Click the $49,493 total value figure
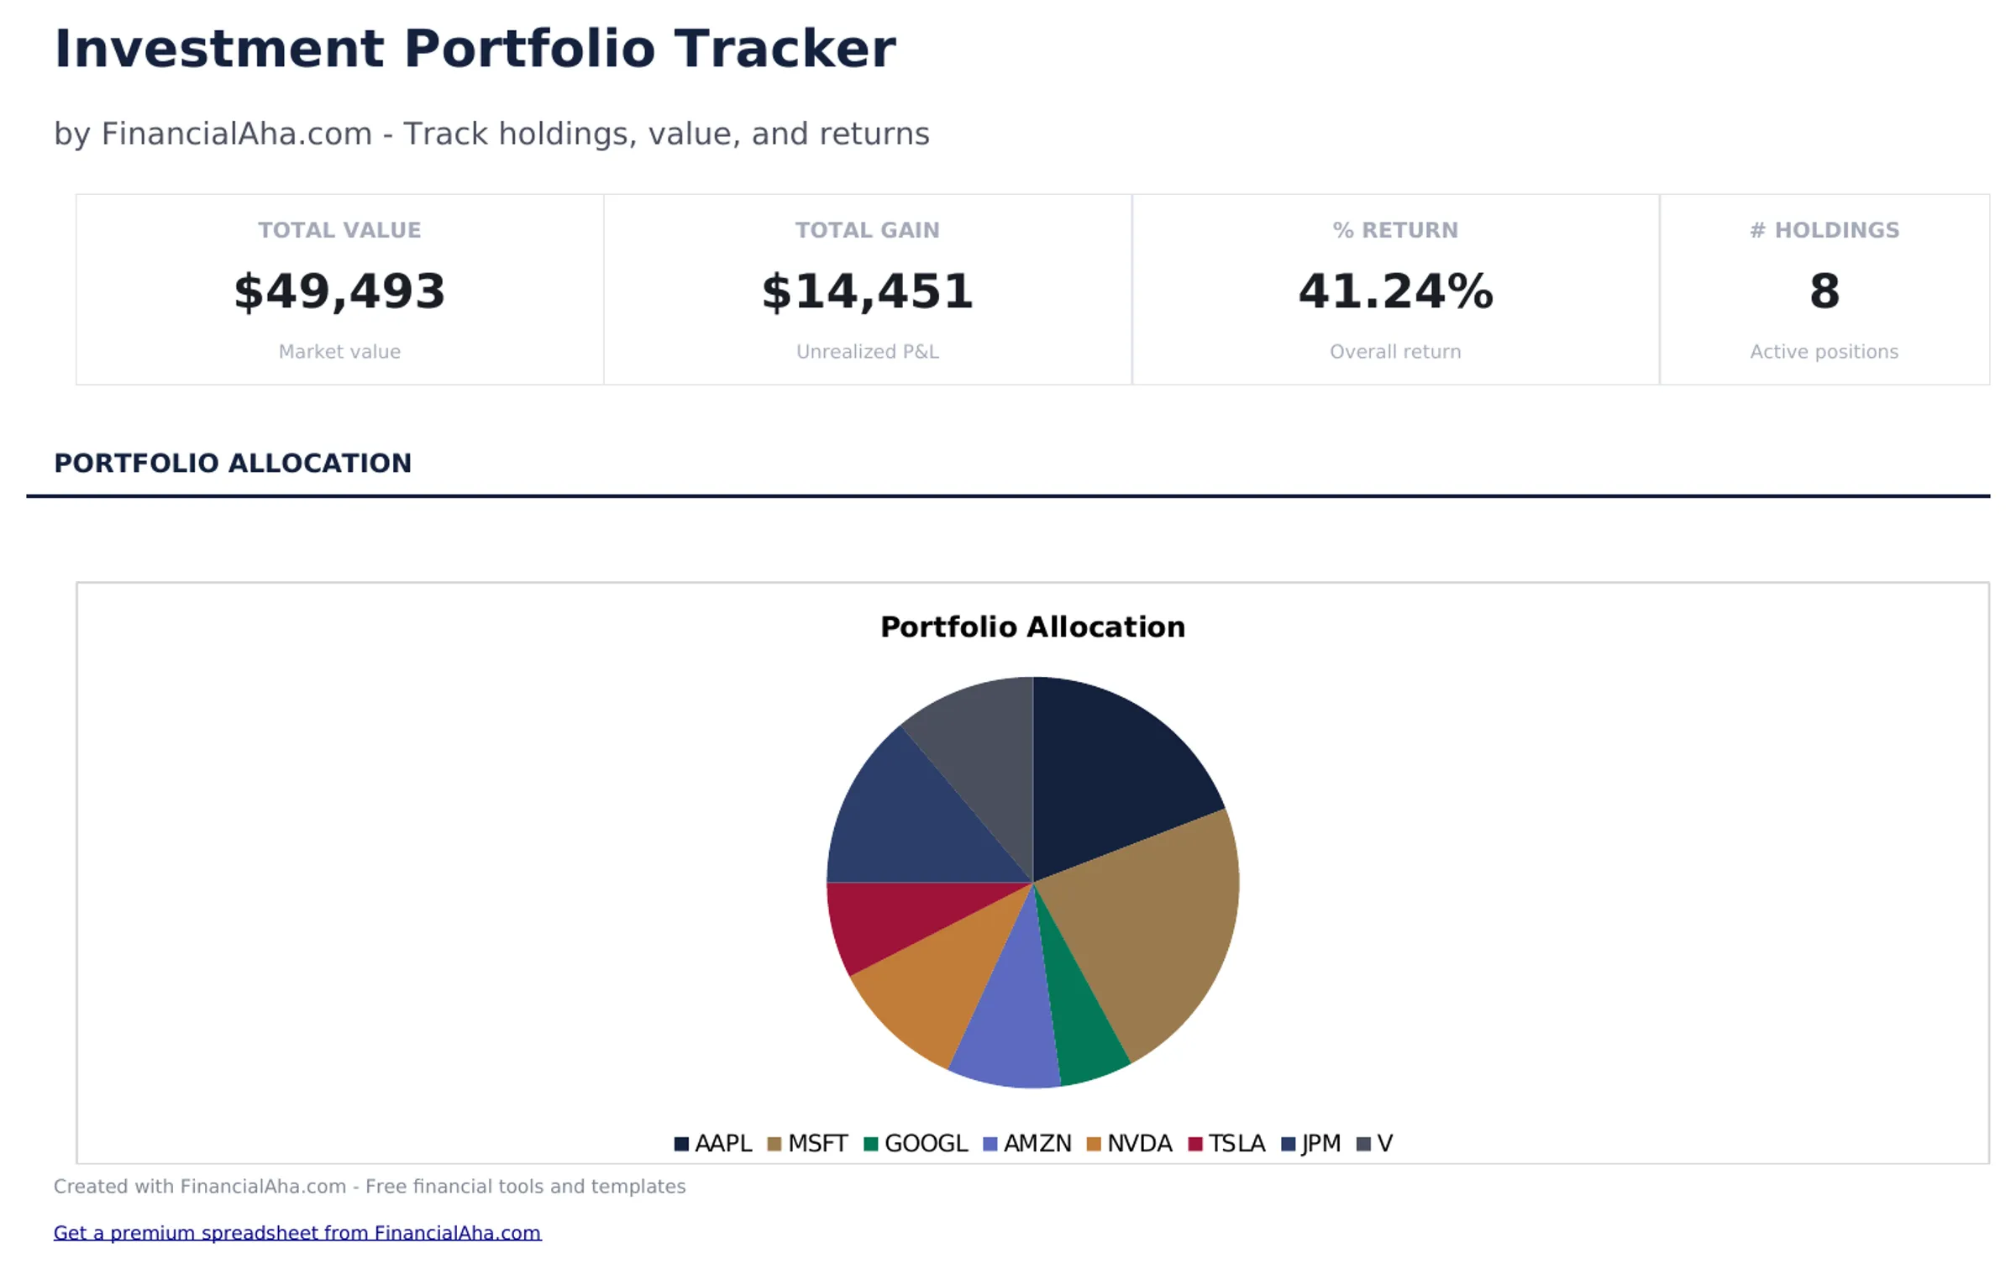coord(339,291)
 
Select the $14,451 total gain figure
coord(867,291)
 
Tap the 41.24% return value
coord(1395,291)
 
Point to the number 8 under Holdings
coord(1824,291)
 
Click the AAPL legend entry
coord(713,1143)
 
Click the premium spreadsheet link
coord(297,1232)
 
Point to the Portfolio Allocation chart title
coord(1032,627)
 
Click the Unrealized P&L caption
coord(867,351)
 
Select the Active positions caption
coord(1824,351)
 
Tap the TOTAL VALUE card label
coord(339,230)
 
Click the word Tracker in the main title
coord(785,49)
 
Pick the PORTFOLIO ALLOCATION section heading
coord(233,463)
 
